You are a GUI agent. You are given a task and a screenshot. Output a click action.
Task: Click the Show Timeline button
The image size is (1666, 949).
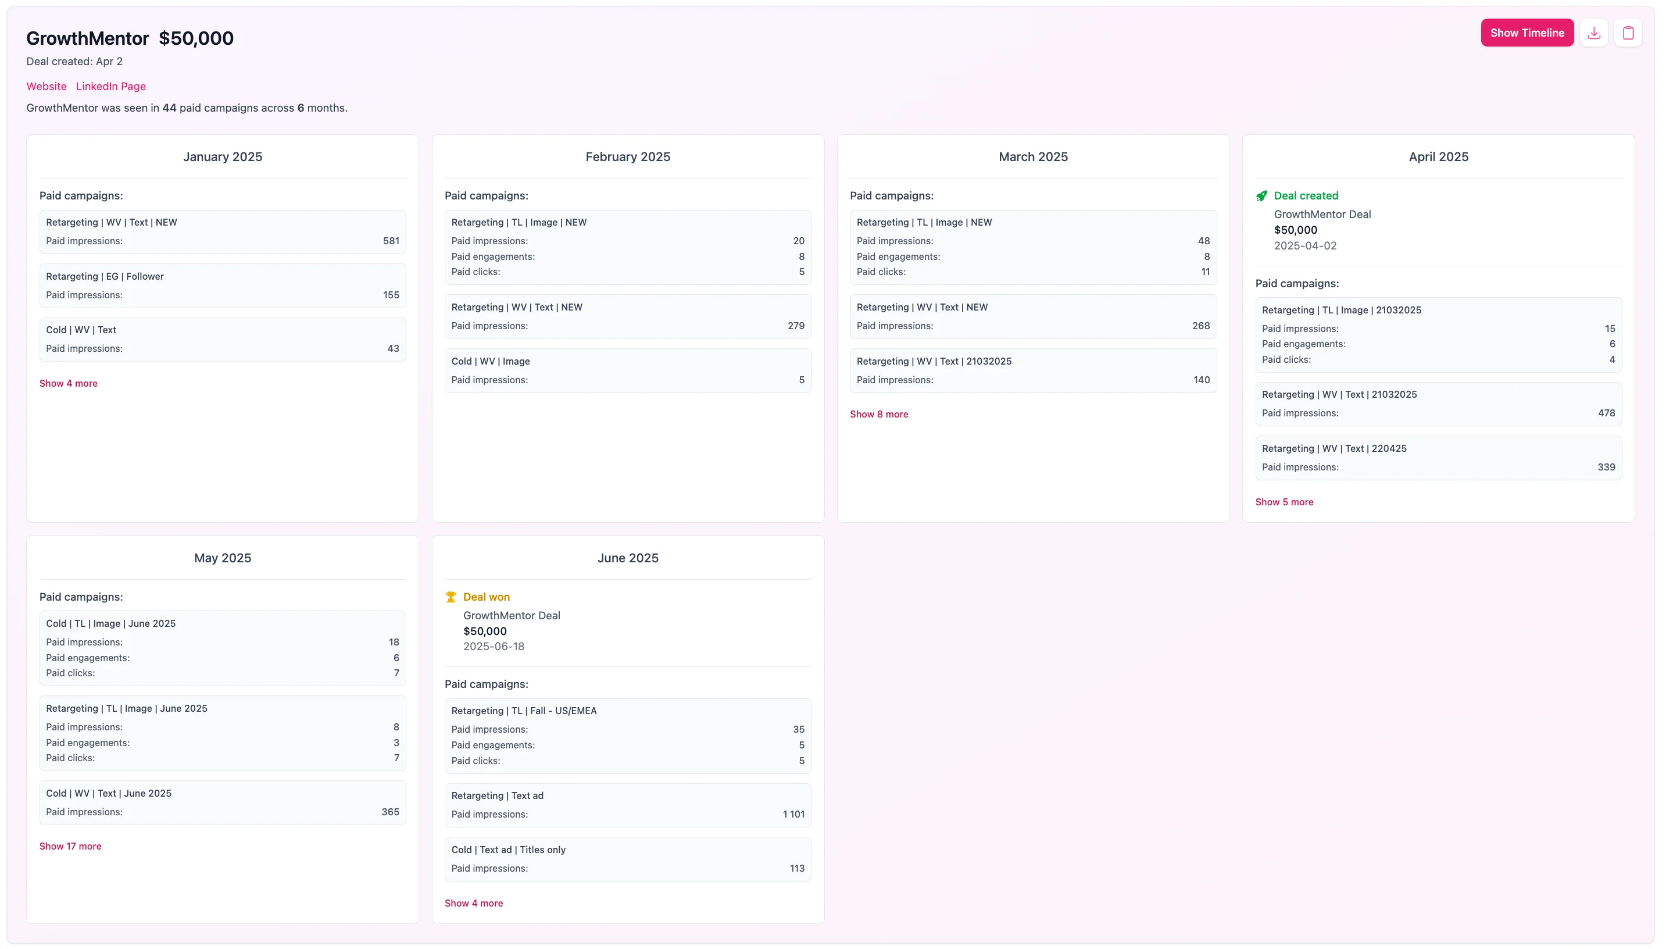1526,33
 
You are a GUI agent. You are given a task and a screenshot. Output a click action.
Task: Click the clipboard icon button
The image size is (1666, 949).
1627,33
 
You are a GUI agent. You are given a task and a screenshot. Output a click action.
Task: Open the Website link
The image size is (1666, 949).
47,86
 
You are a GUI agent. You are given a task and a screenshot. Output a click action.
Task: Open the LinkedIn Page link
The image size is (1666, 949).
111,86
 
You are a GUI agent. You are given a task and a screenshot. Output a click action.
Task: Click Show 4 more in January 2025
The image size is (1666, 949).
69,383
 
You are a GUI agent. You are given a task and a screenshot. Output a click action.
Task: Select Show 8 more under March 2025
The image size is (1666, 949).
878,414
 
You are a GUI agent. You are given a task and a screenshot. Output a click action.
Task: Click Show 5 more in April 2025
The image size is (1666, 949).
1284,502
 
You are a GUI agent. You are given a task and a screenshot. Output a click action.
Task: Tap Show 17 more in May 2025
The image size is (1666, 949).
70,846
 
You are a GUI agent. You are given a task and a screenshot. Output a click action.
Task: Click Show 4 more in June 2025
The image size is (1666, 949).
474,902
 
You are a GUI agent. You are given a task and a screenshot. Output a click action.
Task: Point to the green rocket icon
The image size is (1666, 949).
1261,195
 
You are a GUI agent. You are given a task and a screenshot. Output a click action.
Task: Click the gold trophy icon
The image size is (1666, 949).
451,597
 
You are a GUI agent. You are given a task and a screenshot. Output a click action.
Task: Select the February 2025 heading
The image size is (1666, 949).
627,156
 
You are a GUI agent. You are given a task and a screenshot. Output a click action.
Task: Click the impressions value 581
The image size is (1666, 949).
391,241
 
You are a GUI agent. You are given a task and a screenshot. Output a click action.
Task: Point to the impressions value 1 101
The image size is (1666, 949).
793,814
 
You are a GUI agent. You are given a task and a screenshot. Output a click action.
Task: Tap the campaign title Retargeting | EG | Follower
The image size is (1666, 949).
105,276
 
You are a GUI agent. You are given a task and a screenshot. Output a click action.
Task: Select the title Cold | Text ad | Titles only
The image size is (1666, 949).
508,850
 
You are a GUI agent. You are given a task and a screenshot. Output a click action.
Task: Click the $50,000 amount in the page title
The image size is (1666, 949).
196,38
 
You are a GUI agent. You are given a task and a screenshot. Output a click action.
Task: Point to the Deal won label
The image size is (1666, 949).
486,597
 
